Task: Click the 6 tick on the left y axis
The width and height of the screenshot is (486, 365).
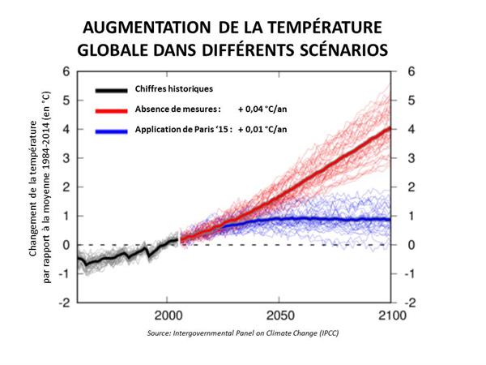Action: (x=66, y=71)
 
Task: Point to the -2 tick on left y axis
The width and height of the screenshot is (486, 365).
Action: (x=63, y=303)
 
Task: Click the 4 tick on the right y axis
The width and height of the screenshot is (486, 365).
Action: (x=411, y=129)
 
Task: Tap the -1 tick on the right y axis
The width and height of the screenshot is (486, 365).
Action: (x=412, y=273)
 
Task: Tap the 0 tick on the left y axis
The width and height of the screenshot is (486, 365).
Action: (x=66, y=245)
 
